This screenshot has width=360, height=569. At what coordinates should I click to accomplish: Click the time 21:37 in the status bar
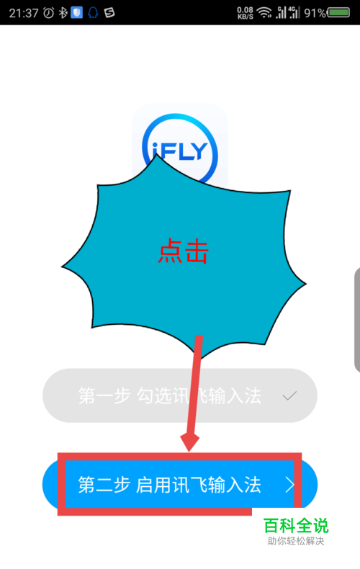24,13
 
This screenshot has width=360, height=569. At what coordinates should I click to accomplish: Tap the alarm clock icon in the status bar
49,13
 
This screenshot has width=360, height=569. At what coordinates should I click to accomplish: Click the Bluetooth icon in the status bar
63,13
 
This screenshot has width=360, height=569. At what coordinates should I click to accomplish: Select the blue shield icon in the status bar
76,13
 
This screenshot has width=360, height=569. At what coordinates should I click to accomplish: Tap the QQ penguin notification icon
93,13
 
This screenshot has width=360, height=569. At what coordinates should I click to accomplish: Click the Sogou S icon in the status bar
109,13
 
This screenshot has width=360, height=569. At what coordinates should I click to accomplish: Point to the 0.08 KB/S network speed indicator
246,13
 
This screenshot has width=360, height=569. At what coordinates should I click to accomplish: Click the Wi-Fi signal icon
264,13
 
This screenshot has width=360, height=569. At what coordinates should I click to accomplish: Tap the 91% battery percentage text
315,14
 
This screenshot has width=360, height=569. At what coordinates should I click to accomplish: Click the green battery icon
338,13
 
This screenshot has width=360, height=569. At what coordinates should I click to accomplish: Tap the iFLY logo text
179,151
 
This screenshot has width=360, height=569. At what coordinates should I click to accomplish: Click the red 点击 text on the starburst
184,251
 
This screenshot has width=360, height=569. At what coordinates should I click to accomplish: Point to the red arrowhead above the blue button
189,442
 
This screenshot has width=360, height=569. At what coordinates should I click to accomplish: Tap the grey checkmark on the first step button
289,395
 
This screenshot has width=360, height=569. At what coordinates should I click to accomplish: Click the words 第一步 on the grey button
104,395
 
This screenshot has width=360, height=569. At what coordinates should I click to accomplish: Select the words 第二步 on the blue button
104,485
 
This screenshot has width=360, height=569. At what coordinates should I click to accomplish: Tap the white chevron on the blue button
289,485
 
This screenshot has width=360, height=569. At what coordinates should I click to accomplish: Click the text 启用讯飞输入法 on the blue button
199,485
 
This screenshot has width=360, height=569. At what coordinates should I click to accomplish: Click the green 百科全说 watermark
296,526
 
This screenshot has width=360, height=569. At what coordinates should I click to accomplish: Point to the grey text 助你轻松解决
296,541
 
